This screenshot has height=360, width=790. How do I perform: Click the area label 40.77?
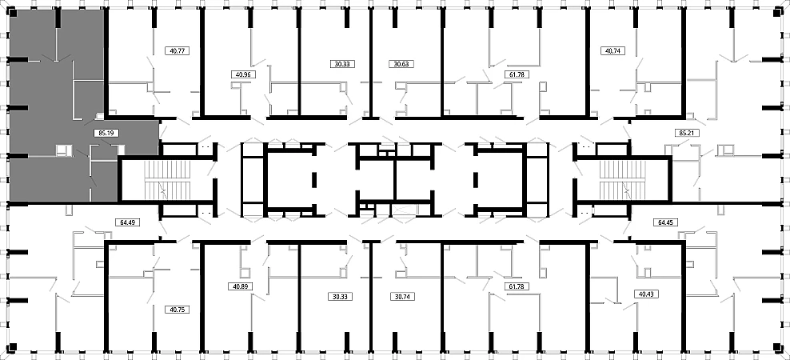click(177, 50)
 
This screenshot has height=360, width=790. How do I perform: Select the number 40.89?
click(241, 286)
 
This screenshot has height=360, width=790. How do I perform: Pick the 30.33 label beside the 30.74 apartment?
click(341, 297)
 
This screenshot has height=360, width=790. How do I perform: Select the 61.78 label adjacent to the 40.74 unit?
click(516, 74)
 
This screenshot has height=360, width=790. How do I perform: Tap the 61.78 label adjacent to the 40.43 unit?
click(516, 286)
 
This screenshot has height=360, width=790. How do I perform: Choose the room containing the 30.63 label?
click(407, 62)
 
